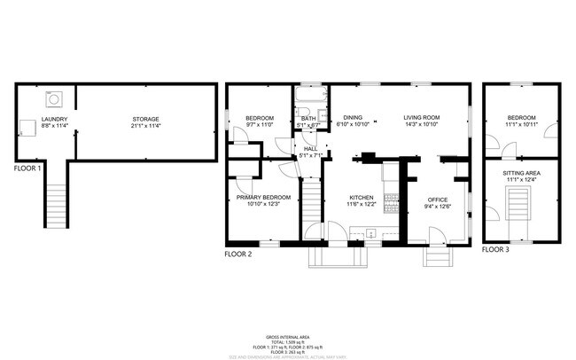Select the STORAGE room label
point(146,119)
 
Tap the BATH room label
point(307,119)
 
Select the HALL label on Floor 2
point(310,149)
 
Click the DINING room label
point(353,118)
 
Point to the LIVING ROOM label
point(422,118)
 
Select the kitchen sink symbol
point(372,234)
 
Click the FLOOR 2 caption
point(238,254)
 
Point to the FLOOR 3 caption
point(495,250)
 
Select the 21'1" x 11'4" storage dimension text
point(146,126)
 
